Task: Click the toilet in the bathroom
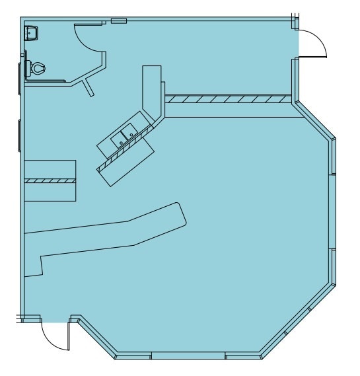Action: pyautogui.click(x=38, y=67)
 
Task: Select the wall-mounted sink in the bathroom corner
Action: pyautogui.click(x=32, y=31)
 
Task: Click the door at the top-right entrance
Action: pyautogui.click(x=313, y=43)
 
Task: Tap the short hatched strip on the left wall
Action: pyautogui.click(x=50, y=180)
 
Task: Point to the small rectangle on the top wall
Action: pyautogui.click(x=118, y=21)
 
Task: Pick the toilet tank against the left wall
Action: pyautogui.click(x=28, y=67)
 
